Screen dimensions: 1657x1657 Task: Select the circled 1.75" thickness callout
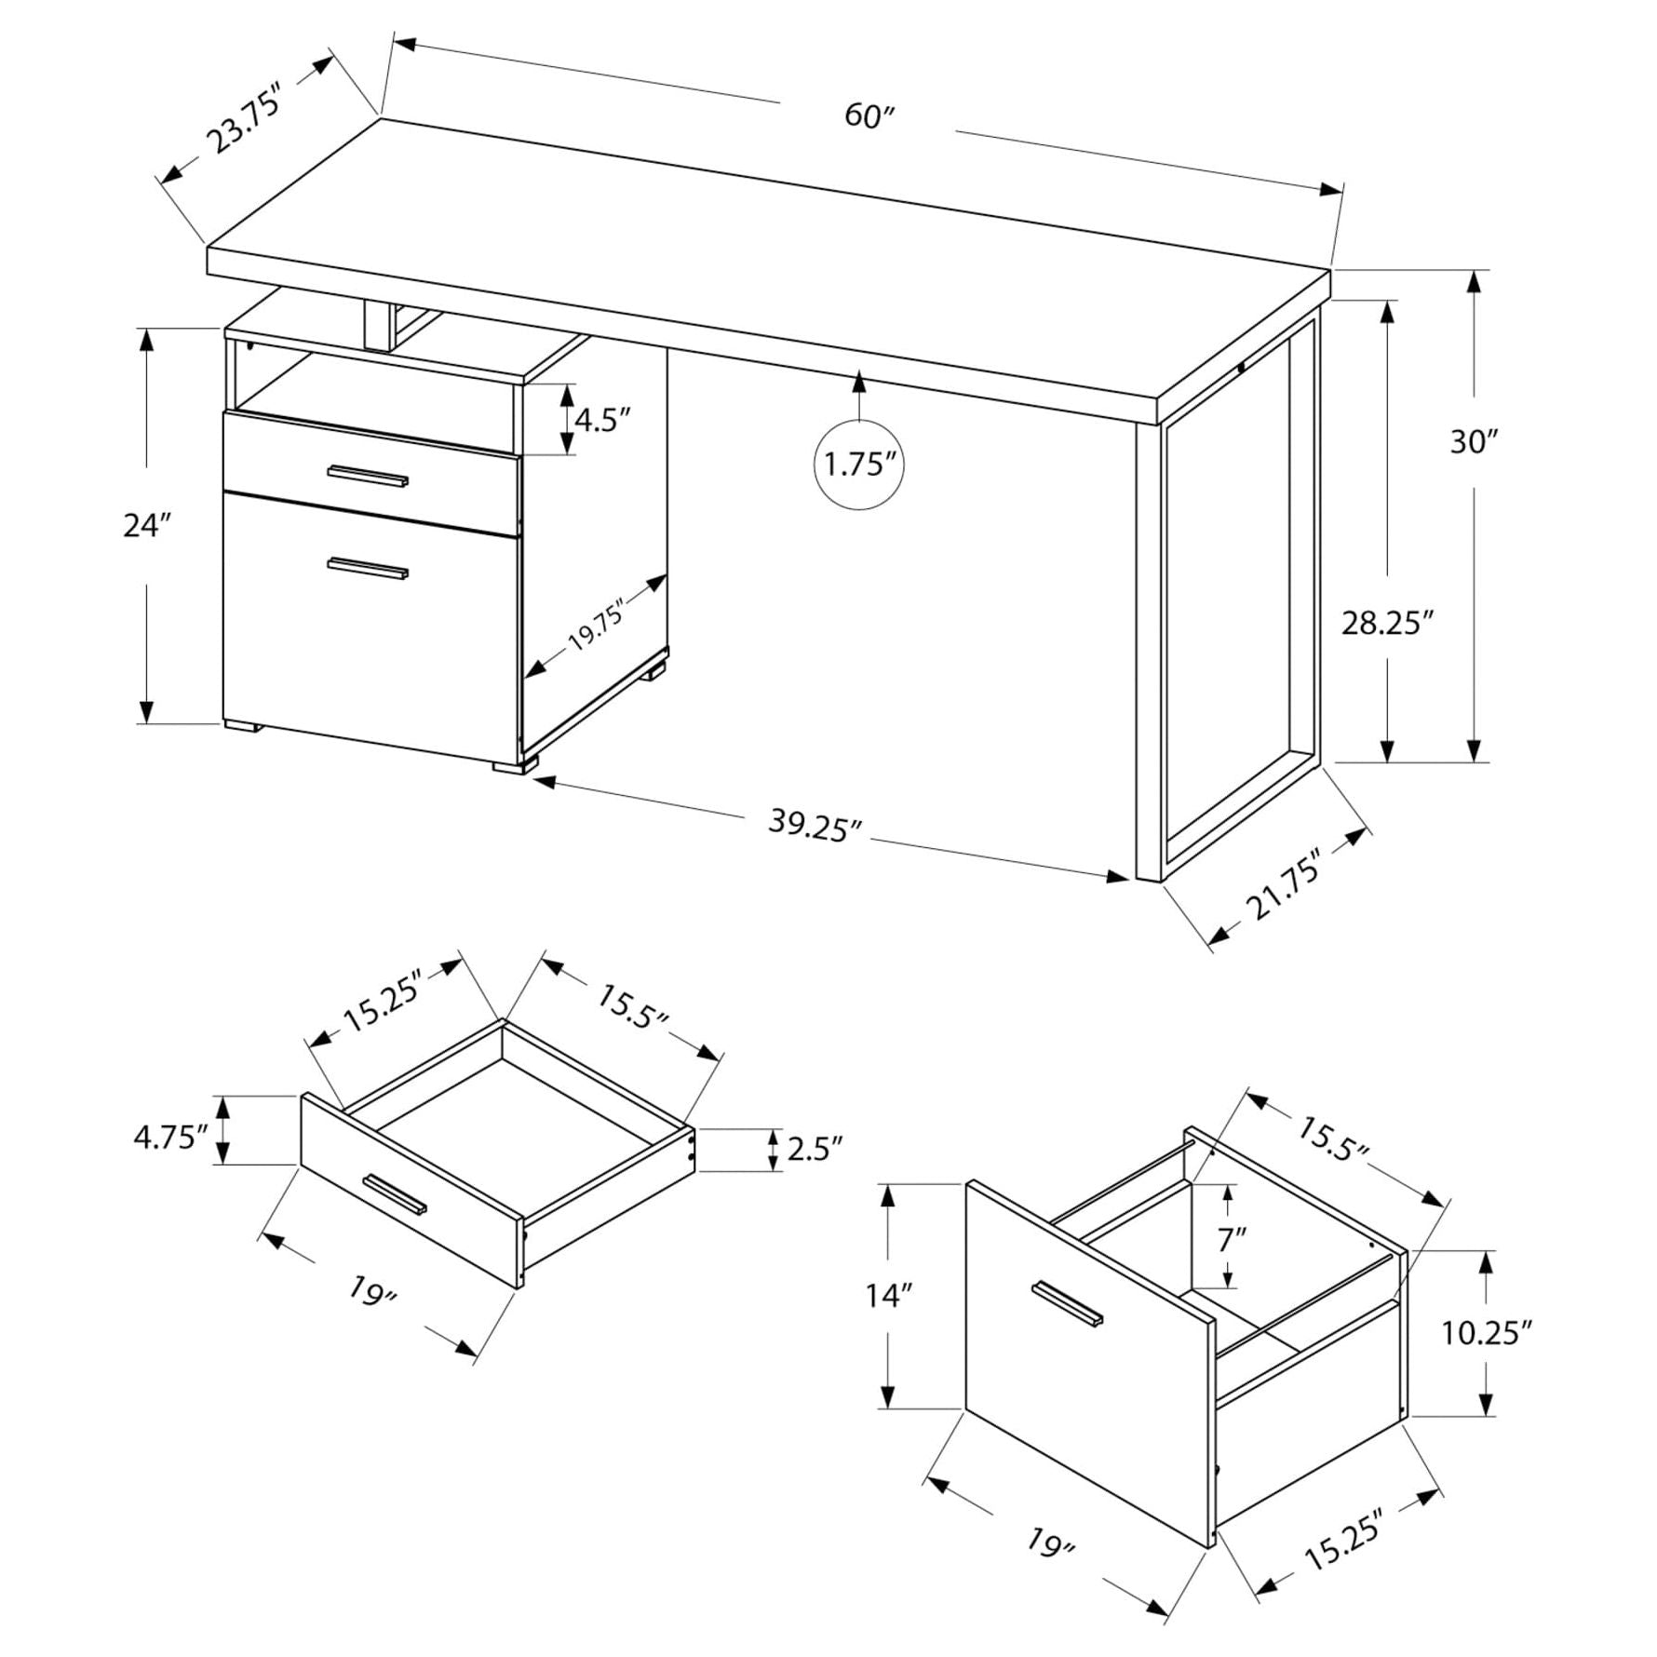pyautogui.click(x=859, y=464)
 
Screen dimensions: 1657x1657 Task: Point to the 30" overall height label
pyautogui.click(x=1472, y=441)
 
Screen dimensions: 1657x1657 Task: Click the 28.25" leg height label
pyautogui.click(x=1385, y=623)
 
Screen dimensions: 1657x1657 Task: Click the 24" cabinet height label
pyautogui.click(x=148, y=526)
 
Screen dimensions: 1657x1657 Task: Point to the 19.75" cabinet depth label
pyautogui.click(x=596, y=625)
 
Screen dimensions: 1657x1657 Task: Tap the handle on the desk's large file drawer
pyautogui.click(x=369, y=569)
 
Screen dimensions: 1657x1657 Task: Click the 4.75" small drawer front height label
pyautogui.click(x=169, y=1137)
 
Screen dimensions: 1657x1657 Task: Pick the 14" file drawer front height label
pyautogui.click(x=889, y=1295)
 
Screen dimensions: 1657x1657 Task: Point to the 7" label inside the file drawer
pyautogui.click(x=1232, y=1239)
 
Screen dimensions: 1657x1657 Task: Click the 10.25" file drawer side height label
pyautogui.click(x=1488, y=1334)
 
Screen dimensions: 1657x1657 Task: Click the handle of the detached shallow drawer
pyautogui.click(x=395, y=1194)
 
